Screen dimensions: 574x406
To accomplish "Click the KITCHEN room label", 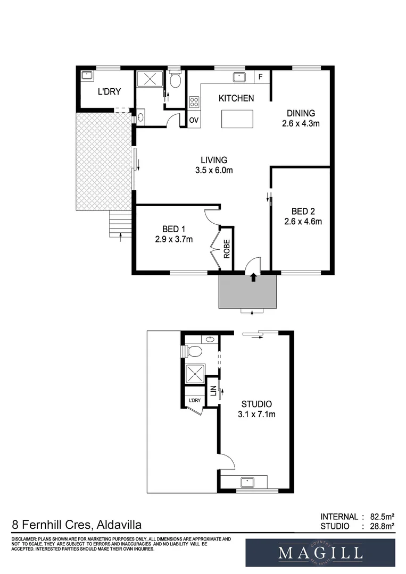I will [237, 98].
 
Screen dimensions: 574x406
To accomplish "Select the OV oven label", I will [194, 120].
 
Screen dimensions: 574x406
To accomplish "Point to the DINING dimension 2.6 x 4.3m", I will [301, 124].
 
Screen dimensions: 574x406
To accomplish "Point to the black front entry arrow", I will [253, 276].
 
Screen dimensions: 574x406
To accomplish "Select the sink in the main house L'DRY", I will [87, 77].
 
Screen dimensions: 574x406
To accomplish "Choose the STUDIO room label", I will [256, 403].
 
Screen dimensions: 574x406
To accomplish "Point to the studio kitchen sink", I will [247, 482].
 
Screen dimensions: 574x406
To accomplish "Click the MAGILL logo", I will [320, 553].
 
